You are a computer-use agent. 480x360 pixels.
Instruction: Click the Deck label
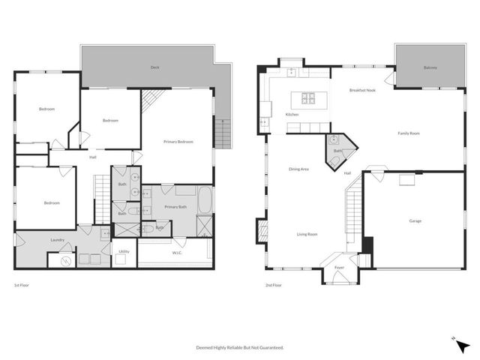tap(154, 67)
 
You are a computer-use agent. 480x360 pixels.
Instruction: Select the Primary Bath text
tap(176, 206)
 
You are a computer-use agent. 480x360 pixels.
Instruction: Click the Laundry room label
tap(57, 240)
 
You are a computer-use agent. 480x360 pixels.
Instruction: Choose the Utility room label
tap(124, 251)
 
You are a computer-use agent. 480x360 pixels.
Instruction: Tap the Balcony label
tap(430, 67)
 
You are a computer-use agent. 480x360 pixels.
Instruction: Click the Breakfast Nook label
tap(363, 90)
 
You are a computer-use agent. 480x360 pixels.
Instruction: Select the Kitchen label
tap(292, 114)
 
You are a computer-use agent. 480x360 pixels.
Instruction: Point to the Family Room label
tap(408, 133)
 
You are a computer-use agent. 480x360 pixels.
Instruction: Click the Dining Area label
tap(299, 169)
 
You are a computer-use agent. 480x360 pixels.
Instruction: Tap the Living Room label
tap(306, 234)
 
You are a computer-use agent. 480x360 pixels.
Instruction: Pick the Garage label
tap(415, 221)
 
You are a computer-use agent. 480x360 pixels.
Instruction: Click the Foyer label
tap(340, 266)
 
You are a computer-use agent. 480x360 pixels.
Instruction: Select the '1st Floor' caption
tap(22, 286)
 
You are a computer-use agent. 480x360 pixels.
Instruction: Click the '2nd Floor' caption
tap(273, 286)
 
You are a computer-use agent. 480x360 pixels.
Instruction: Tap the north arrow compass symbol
tap(463, 346)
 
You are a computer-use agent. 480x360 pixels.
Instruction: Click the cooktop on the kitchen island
tap(308, 97)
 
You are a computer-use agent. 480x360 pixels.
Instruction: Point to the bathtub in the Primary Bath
tap(205, 200)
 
